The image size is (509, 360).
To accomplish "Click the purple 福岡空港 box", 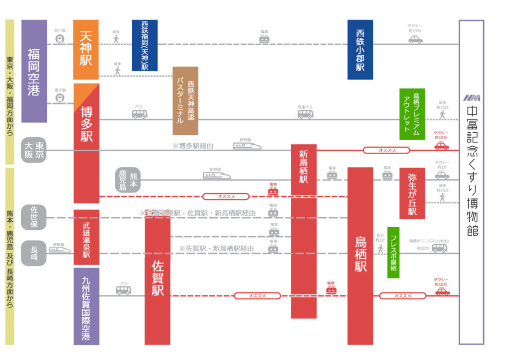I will (34, 71).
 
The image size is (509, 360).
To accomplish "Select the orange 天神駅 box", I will (86, 49).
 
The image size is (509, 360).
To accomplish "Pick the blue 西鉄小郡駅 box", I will (360, 50).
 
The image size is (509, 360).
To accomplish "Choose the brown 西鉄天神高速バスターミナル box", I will (185, 101).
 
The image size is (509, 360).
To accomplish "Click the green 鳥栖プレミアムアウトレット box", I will (412, 114).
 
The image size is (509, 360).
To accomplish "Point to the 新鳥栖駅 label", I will (303, 167).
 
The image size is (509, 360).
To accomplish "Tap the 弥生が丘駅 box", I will (412, 193).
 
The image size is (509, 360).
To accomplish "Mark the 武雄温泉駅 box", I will (86, 237).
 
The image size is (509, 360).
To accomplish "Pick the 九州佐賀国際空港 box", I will (86, 306).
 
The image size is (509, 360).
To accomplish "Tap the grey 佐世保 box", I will (34, 217).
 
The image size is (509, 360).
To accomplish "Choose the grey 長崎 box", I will (34, 253).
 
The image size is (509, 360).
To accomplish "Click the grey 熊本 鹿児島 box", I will (128, 180).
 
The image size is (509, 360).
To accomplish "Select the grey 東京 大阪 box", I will (34, 150).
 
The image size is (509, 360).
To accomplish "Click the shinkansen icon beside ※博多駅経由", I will (248, 146).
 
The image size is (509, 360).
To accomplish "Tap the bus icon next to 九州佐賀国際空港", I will (123, 290).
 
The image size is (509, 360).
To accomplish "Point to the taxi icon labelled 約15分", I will (416, 39).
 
